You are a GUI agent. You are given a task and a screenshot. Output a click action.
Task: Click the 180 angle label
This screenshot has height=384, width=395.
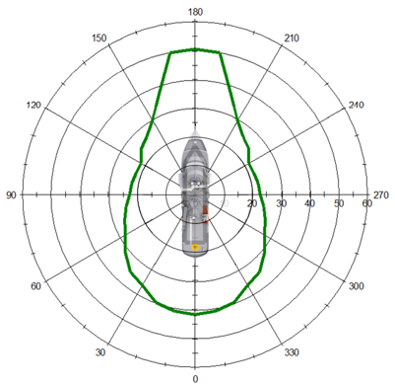[195, 12]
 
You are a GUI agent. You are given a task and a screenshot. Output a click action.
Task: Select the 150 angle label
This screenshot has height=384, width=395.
[99, 38]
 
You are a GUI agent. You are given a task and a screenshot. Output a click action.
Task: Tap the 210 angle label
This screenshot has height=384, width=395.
[292, 38]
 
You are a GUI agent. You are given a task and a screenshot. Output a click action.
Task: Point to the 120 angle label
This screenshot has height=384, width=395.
[33, 106]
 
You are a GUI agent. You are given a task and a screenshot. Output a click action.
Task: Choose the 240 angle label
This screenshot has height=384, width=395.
[357, 106]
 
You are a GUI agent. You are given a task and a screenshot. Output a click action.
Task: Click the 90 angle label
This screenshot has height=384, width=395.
[11, 195]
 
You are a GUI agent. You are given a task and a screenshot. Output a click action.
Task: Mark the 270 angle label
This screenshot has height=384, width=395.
[381, 195]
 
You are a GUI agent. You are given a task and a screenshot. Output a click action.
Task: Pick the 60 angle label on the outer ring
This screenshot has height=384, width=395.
[35, 286]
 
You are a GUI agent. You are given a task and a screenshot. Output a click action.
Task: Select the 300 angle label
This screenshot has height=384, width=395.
[357, 286]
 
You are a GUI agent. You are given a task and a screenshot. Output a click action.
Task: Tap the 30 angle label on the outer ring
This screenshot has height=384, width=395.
[100, 352]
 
